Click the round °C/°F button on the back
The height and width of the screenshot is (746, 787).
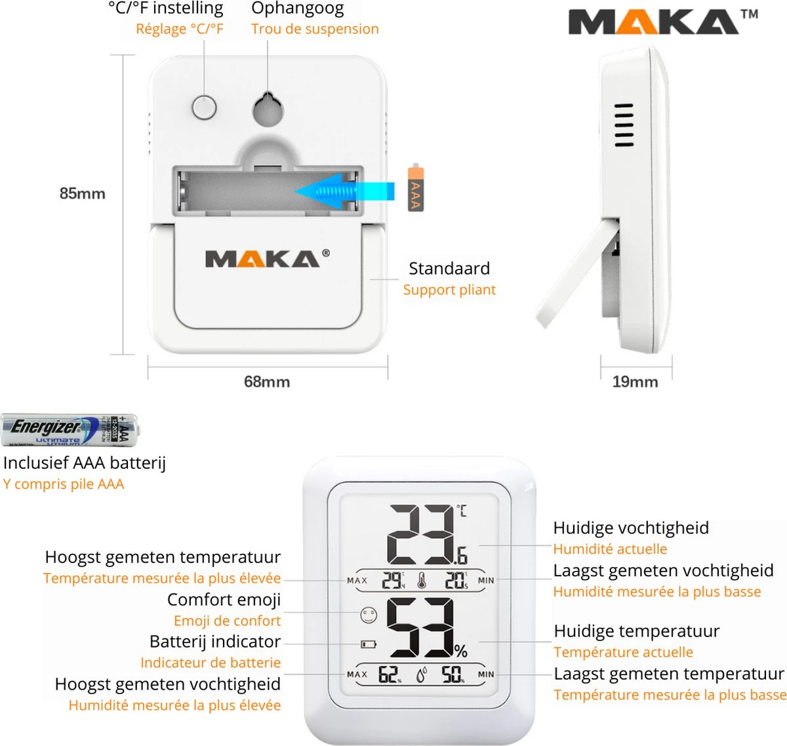204,107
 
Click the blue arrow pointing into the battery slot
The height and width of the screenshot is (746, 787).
344,191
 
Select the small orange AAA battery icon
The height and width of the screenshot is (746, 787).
415,188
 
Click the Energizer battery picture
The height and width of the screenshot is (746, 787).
70,429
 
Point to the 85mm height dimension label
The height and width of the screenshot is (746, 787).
82,193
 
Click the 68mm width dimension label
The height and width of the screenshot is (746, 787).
266,382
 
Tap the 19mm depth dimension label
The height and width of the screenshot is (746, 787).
634,382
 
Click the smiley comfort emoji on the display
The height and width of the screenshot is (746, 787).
369,615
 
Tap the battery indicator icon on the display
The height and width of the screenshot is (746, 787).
369,644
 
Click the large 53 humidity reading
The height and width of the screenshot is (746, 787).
420,627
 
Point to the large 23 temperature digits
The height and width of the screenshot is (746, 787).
420,534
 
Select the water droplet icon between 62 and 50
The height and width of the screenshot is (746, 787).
421,675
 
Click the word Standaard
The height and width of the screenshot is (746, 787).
449,268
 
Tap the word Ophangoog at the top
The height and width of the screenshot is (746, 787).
297,9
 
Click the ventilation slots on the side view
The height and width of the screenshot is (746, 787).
624,125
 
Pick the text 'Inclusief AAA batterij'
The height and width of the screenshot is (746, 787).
85,463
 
